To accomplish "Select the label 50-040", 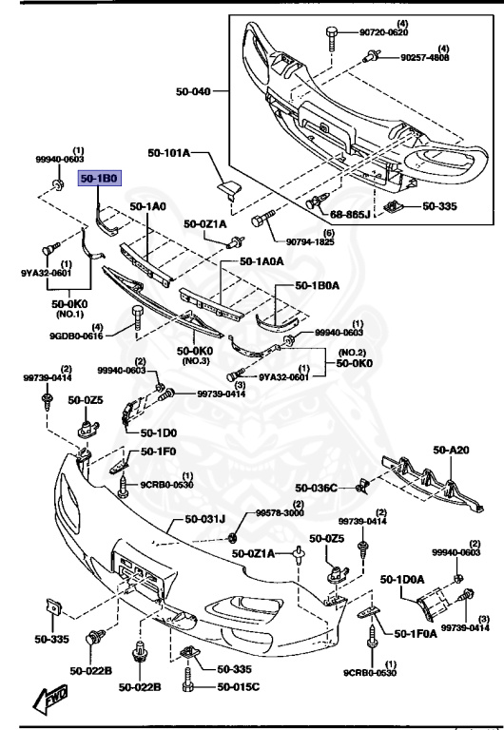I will pyautogui.click(x=194, y=92).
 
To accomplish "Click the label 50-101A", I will pyautogui.click(x=169, y=153).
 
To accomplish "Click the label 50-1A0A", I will pyautogui.click(x=262, y=260).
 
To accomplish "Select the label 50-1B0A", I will pyautogui.click(x=320, y=284).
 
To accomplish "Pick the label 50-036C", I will pyautogui.click(x=316, y=488).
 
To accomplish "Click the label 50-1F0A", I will pyautogui.click(x=414, y=631).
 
